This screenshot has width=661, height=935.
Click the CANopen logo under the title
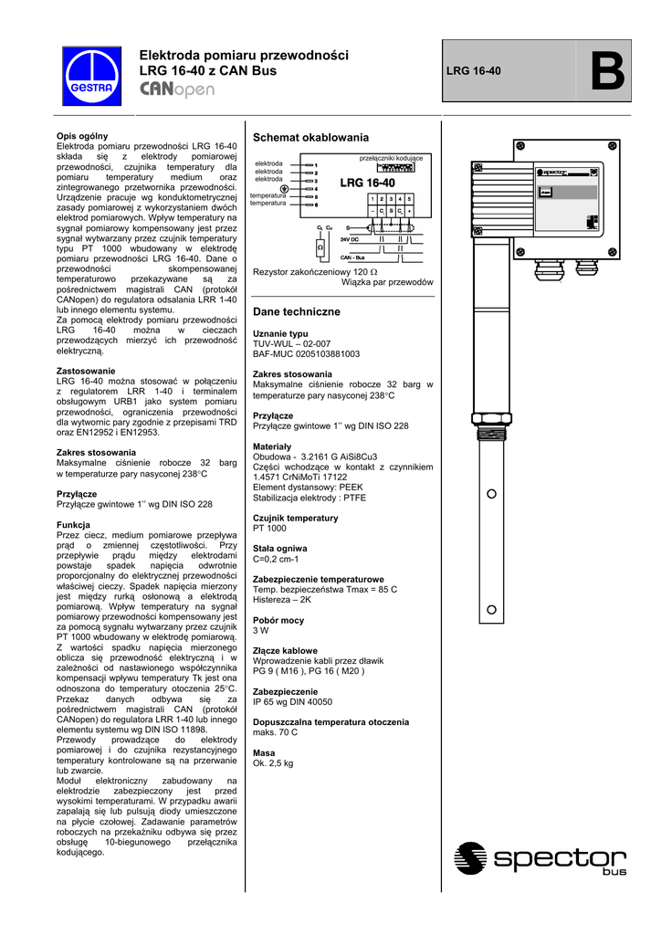point(177,89)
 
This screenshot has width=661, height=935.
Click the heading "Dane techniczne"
point(296,312)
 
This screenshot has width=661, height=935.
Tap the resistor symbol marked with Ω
point(320,247)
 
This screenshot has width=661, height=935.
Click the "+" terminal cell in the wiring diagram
point(410,211)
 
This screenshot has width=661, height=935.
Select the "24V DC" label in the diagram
point(349,238)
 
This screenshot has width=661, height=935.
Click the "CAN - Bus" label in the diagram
point(352,258)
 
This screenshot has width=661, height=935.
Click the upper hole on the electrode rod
point(491,494)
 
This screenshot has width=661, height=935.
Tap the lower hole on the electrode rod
point(491,609)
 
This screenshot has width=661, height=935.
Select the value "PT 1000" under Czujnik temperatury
point(269,529)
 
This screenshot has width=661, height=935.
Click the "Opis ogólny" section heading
point(82,136)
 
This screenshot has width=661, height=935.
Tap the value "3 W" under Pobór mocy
point(261,630)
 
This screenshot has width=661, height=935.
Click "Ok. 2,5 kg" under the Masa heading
point(274,762)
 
